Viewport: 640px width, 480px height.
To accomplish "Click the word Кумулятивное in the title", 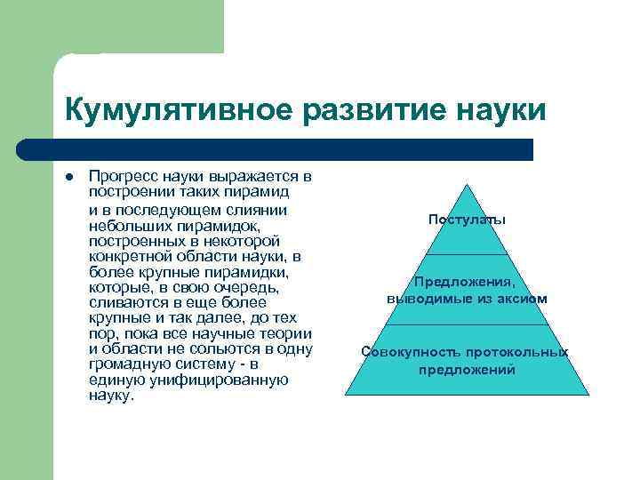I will pyautogui.click(x=169, y=111).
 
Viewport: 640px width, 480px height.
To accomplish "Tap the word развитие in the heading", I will pyautogui.click(x=356, y=111).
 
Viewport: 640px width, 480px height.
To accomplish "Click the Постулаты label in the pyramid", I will pyautogui.click(x=467, y=219).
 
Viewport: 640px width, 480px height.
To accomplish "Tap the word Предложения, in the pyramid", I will pyautogui.click(x=467, y=284).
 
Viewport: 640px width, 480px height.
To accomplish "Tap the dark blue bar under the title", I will pyautogui.click(x=293, y=149).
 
